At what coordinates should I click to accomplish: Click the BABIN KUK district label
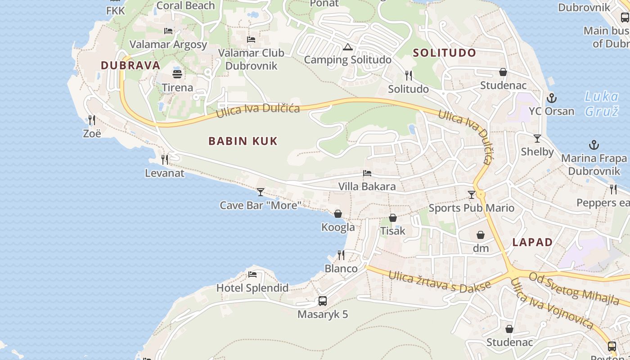click(243, 141)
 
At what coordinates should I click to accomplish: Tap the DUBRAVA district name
click(130, 65)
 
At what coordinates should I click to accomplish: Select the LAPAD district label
click(532, 242)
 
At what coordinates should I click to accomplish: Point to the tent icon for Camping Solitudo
click(347, 47)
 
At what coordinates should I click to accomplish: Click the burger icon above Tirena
click(177, 74)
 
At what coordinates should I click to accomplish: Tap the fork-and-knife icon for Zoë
click(92, 120)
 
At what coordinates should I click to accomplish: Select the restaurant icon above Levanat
click(165, 159)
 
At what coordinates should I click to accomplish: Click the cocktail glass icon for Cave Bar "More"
click(261, 192)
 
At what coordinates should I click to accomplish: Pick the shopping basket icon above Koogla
click(338, 214)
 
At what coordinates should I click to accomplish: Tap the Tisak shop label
click(393, 231)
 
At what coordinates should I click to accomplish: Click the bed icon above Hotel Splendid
click(252, 274)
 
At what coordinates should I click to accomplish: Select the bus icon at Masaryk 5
click(323, 301)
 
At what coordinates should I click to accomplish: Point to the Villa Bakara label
click(367, 186)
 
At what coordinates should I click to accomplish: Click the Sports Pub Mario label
click(471, 208)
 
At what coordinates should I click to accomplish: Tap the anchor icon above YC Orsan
click(551, 98)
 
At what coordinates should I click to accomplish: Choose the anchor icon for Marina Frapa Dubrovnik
click(594, 145)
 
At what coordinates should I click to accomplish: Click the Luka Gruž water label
click(601, 103)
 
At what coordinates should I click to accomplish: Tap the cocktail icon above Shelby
click(537, 139)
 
